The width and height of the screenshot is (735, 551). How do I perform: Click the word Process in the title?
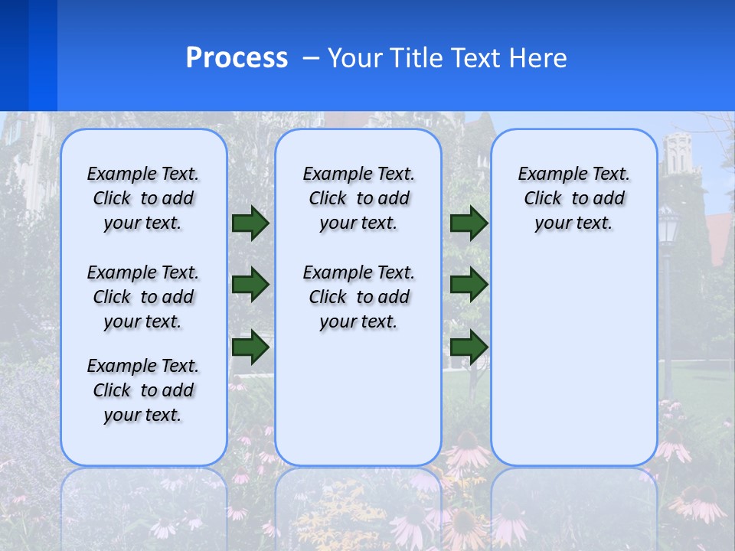(x=237, y=58)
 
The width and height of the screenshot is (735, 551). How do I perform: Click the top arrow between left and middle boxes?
(x=250, y=223)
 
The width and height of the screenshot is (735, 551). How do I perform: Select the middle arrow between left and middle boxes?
(x=250, y=285)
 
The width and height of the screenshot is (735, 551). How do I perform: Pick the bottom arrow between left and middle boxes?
(x=250, y=347)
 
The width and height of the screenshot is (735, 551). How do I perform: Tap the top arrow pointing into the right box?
(x=469, y=223)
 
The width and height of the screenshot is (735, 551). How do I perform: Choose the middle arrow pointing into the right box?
(x=469, y=285)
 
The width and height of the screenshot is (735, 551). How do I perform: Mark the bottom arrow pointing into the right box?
(x=469, y=347)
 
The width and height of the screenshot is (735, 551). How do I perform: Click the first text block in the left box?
(x=143, y=198)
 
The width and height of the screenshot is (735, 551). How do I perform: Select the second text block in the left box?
(x=143, y=297)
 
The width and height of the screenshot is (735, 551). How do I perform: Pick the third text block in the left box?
(x=143, y=390)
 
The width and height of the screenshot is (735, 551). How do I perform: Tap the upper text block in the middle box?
(x=358, y=198)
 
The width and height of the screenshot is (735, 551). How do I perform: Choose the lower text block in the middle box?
(x=358, y=297)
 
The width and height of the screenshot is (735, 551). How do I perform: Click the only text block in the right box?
(x=573, y=198)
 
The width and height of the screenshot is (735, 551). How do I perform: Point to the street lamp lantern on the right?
(x=669, y=226)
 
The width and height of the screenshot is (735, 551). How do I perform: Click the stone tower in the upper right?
(x=678, y=157)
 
